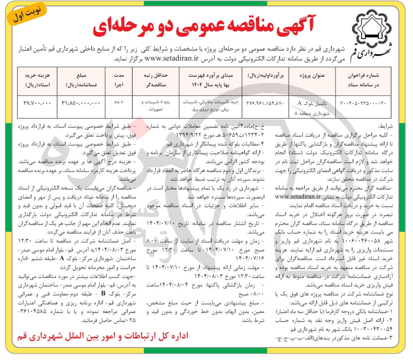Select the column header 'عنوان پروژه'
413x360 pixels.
312,75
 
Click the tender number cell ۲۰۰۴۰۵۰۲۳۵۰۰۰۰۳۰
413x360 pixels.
363,103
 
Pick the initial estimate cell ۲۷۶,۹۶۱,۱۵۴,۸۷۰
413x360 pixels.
265,103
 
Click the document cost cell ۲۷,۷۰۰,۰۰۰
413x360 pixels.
37,103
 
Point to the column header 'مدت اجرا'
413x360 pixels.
119,80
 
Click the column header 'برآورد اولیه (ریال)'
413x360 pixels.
266,75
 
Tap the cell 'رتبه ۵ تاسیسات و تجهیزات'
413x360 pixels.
155,106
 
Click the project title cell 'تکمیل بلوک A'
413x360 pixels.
312,103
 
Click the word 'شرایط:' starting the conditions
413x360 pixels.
386,126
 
